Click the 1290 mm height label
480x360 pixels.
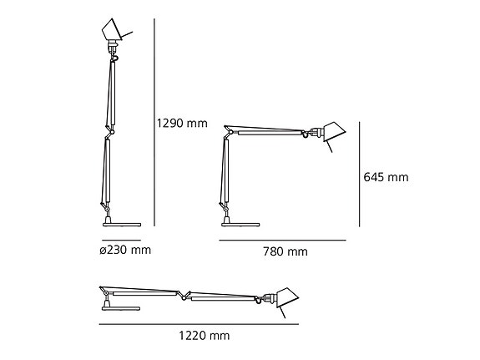pos(181,124)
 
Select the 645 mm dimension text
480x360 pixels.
pos(386,177)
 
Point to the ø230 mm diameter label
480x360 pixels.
pos(126,248)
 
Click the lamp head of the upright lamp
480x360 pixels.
pos(114,33)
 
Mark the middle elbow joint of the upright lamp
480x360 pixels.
pos(108,133)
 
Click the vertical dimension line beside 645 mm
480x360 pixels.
pos(359,173)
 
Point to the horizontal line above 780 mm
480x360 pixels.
pos(281,240)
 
